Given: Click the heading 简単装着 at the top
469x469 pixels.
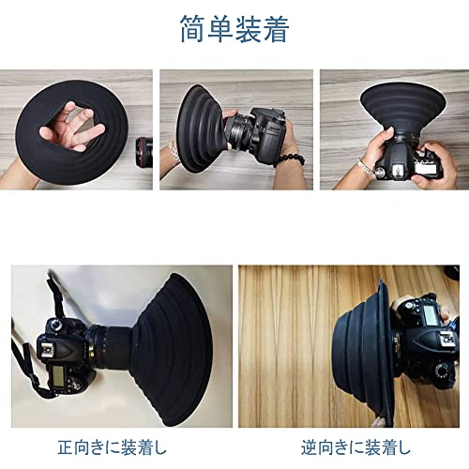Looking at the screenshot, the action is point(234,29).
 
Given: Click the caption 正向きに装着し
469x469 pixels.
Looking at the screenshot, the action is point(113,447).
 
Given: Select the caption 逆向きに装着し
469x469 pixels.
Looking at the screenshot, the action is point(356,447).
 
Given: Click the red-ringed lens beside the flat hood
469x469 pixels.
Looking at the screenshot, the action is point(144,153).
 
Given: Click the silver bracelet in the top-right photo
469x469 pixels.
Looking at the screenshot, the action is point(367,168).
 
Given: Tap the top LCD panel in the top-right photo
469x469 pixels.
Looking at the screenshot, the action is point(426,169).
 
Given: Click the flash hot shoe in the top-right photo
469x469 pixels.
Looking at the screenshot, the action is point(398,170).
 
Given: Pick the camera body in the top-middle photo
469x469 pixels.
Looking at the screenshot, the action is point(265,133).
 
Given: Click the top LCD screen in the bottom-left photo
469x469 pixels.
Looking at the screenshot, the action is point(57,374).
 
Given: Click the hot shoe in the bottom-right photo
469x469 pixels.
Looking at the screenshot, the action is point(446,339).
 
